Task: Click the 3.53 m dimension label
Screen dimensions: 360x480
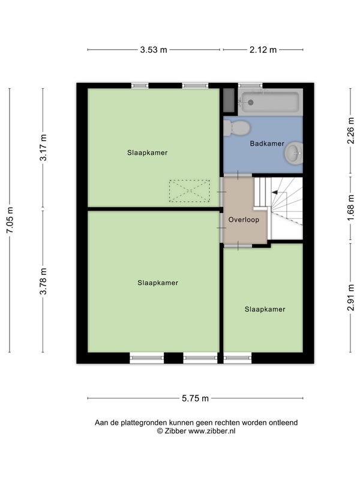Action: click(x=154, y=50)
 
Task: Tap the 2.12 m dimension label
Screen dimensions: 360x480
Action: click(x=263, y=50)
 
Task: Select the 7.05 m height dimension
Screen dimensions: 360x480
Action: click(x=10, y=220)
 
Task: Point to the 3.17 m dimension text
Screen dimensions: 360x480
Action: click(x=43, y=148)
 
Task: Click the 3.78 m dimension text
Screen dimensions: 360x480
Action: click(x=43, y=281)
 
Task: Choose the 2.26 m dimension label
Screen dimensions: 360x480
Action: click(x=351, y=130)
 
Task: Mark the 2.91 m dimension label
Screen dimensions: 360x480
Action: click(x=351, y=298)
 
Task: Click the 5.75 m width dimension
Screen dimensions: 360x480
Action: click(x=196, y=398)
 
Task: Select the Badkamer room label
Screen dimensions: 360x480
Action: click(x=267, y=143)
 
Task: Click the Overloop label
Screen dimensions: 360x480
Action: click(x=244, y=220)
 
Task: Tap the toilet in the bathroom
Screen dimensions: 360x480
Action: click(x=236, y=128)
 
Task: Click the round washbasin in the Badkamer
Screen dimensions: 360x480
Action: click(x=294, y=153)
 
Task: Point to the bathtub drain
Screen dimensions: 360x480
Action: click(x=250, y=102)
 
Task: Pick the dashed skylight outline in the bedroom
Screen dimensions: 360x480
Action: click(x=190, y=191)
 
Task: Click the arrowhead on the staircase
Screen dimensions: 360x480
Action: click(x=275, y=192)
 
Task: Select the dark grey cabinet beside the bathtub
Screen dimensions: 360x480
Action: click(x=229, y=100)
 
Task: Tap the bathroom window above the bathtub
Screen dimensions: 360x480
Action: click(x=250, y=85)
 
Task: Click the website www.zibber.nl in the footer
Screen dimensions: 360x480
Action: click(x=212, y=431)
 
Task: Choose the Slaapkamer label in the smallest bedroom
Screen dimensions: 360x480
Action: click(x=265, y=309)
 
